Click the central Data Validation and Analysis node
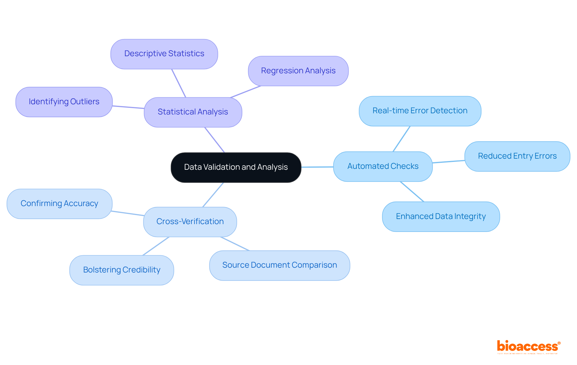[236, 167]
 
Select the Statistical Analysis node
[193, 112]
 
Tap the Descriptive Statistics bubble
[164, 54]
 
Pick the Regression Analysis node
[298, 71]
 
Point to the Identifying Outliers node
[64, 102]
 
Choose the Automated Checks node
[383, 166]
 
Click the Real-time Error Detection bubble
[420, 111]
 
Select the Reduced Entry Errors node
[517, 156]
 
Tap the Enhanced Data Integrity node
[441, 217]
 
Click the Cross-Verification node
[190, 222]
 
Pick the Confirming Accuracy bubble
[60, 204]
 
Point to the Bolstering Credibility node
[122, 270]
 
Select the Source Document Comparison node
[279, 265]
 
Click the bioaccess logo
[528, 347]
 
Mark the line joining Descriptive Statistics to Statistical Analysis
[179, 83]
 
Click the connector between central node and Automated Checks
[317, 167]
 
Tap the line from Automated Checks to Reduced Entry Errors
[449, 162]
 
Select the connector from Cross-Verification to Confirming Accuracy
[128, 213]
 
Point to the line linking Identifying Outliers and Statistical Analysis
[128, 107]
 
